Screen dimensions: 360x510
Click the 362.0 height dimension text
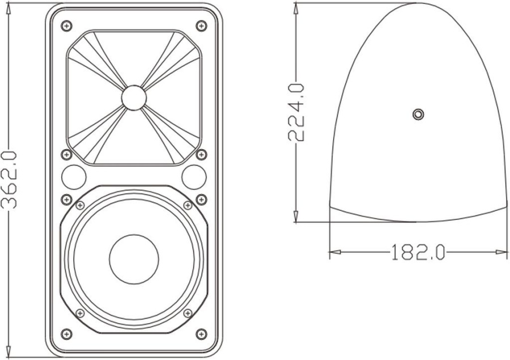tap(11, 180)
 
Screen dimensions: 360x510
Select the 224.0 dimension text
tap(296, 111)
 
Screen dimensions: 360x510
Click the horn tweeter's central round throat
tap(134, 97)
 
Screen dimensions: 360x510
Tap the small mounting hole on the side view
tap(418, 114)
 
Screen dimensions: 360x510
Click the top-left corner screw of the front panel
tap(67, 26)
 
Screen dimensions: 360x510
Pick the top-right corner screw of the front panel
tap(201, 26)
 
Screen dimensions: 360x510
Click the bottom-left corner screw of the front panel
tap(67, 333)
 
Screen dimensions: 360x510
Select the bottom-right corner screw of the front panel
tap(201, 333)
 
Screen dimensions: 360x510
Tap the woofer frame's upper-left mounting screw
tap(80, 205)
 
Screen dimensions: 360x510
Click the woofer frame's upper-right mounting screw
tap(188, 205)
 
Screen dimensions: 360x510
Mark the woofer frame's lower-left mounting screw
tap(80, 313)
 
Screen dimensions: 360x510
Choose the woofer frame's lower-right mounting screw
tap(188, 313)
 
